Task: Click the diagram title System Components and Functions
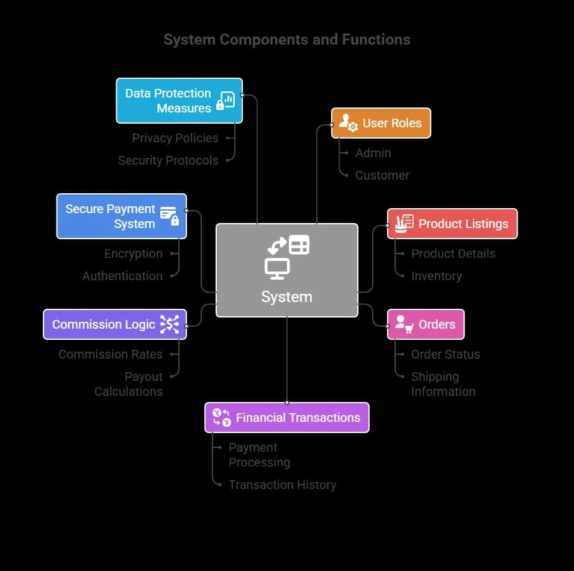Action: point(286,40)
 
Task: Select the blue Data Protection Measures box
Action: point(179,101)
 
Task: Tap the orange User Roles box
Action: point(381,123)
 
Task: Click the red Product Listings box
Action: point(452,224)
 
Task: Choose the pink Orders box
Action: point(426,324)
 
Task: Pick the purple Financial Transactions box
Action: point(287,418)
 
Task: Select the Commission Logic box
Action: point(114,324)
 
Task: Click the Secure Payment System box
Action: point(121,216)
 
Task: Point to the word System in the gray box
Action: point(286,297)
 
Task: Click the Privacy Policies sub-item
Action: point(175,138)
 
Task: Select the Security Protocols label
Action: point(168,160)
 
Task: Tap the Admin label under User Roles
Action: point(373,153)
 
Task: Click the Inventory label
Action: point(436,276)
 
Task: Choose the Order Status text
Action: point(445,354)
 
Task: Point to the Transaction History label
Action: point(282,485)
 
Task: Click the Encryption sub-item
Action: point(133,254)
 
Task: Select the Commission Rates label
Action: point(111,354)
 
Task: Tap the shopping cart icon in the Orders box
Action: point(408,329)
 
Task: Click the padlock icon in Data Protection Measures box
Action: point(220,106)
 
